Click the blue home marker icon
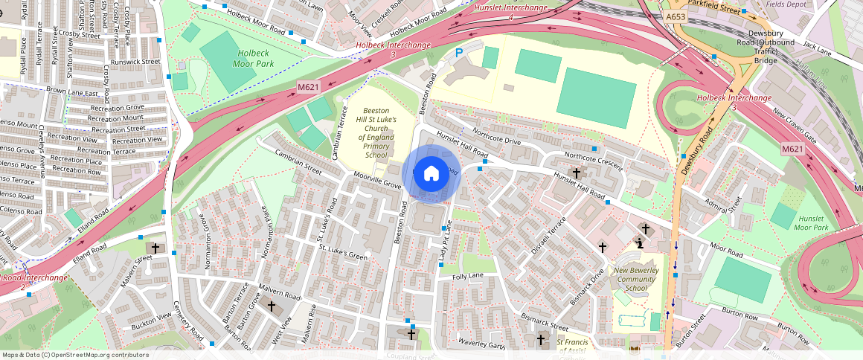[x=431, y=174]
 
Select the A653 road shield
[x=676, y=16]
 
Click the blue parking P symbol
[x=459, y=53]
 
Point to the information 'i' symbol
[x=639, y=242]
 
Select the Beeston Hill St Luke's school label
[x=376, y=132]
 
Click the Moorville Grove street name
[x=377, y=181]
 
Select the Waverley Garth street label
[x=481, y=344]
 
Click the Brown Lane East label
[x=72, y=92]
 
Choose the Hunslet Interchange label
[x=510, y=11]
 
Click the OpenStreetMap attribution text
[x=76, y=355]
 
